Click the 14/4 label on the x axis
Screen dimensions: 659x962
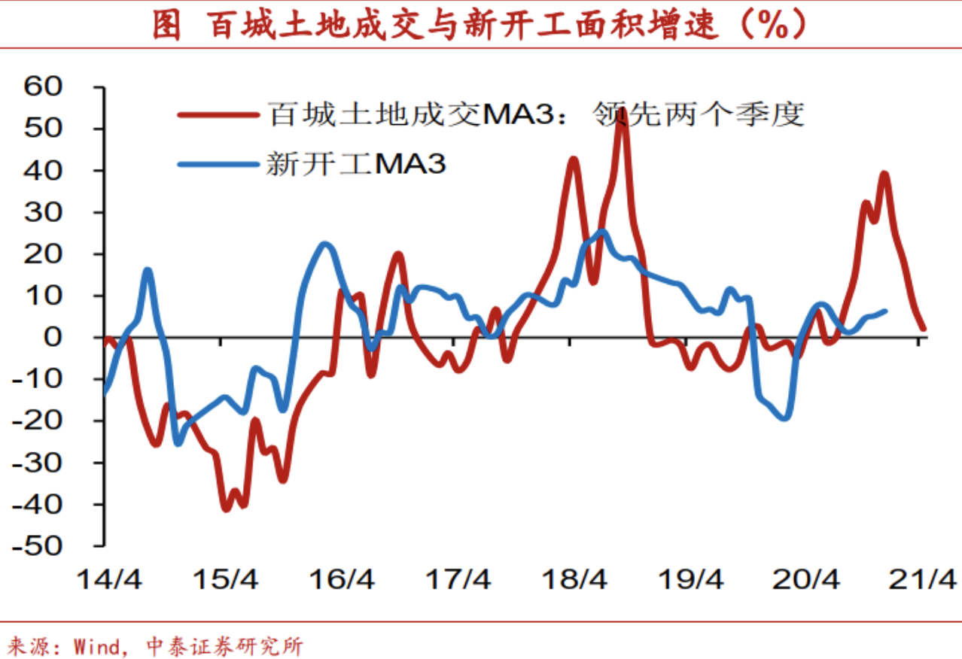pos(108,580)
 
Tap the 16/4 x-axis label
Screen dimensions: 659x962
pos(342,580)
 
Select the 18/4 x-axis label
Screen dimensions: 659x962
pos(574,580)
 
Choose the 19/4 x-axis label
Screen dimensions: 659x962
pos(690,580)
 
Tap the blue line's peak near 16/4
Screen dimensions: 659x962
pos(324,244)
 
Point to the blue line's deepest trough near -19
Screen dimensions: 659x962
pos(786,417)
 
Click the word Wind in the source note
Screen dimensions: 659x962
pos(96,645)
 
